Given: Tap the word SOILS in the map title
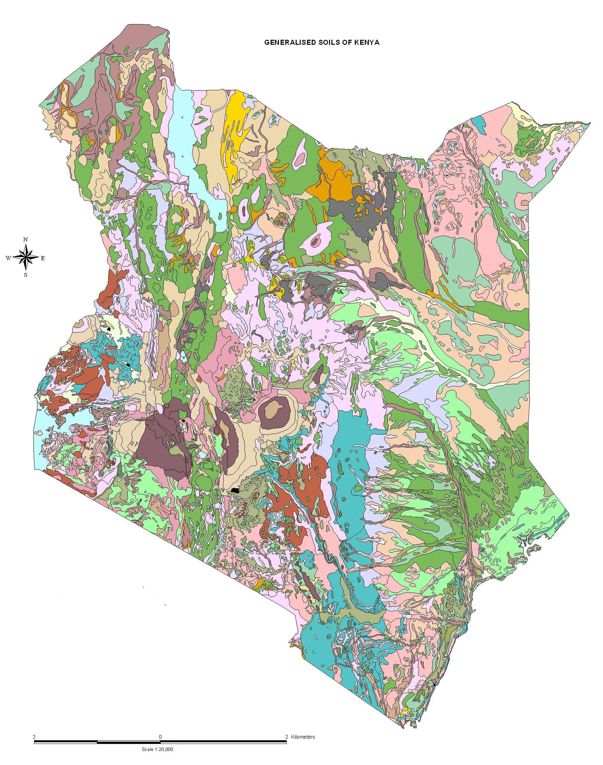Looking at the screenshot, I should (324, 42).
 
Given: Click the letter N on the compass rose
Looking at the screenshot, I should (25, 239).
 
